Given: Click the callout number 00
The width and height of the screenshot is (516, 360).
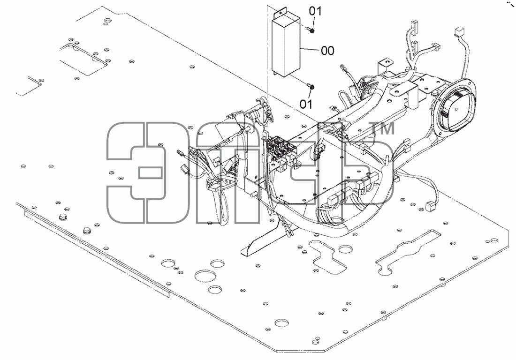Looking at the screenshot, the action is coord(327,51).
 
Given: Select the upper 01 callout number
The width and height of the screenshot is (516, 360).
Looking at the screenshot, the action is coord(315,11).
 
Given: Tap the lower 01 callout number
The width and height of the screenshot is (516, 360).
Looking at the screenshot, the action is coord(306,104).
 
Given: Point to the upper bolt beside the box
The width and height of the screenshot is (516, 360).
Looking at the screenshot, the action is coord(311,30).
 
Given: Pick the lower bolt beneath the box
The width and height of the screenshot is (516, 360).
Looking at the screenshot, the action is coord(311,87).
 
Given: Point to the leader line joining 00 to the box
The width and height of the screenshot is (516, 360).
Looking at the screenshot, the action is coord(311,50).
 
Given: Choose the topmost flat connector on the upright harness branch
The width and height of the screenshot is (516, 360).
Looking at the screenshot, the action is coord(414,24).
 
